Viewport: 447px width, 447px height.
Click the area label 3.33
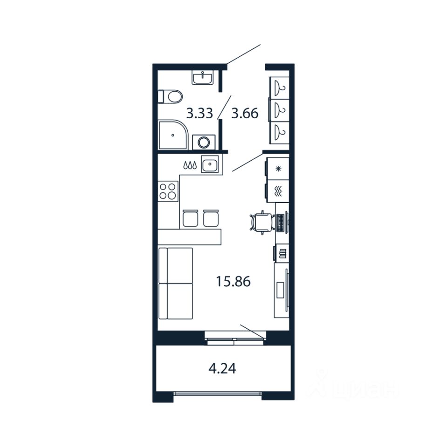(200, 113)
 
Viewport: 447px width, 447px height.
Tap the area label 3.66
(245, 113)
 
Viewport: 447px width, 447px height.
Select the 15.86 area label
(233, 281)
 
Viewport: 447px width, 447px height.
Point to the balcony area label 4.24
(222, 369)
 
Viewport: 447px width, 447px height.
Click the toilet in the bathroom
(171, 97)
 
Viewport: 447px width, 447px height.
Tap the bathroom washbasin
(203, 78)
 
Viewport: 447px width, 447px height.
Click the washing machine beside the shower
(204, 141)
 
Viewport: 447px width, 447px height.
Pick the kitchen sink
(211, 165)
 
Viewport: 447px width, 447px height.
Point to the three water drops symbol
(190, 165)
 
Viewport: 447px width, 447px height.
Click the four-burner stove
(168, 190)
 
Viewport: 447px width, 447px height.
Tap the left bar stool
(190, 218)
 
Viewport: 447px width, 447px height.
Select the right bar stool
(211, 218)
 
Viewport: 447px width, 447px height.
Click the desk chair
(261, 222)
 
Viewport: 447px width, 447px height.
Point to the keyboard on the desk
(281, 223)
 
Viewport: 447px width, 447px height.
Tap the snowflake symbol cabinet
(278, 169)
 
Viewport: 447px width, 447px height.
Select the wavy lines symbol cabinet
(278, 190)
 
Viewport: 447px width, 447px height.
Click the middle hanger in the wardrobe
(280, 110)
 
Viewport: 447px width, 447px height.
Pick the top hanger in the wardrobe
(280, 87)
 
